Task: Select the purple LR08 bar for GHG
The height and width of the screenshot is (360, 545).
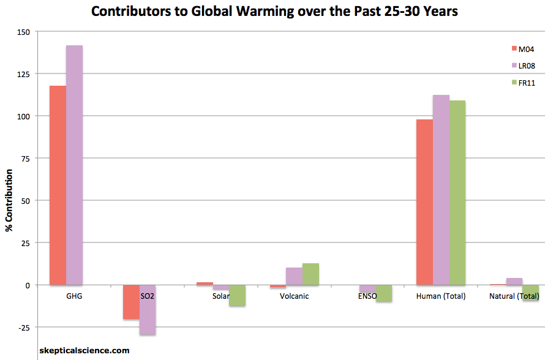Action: pyautogui.click(x=74, y=165)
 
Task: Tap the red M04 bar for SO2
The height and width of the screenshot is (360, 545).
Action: pyautogui.click(x=131, y=302)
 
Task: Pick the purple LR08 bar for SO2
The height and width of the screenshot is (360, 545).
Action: pyautogui.click(x=148, y=310)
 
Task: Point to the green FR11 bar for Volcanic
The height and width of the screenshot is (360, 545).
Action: pyautogui.click(x=310, y=274)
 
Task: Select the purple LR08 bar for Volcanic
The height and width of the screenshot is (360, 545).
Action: pyautogui.click(x=294, y=276)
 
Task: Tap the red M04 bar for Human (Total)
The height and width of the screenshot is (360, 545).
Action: pyautogui.click(x=424, y=202)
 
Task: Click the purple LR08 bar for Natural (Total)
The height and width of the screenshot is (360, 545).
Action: pyautogui.click(x=514, y=282)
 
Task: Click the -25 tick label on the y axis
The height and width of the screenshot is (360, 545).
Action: pyautogui.click(x=23, y=328)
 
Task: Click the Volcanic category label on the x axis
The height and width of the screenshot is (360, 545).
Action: pyautogui.click(x=294, y=296)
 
